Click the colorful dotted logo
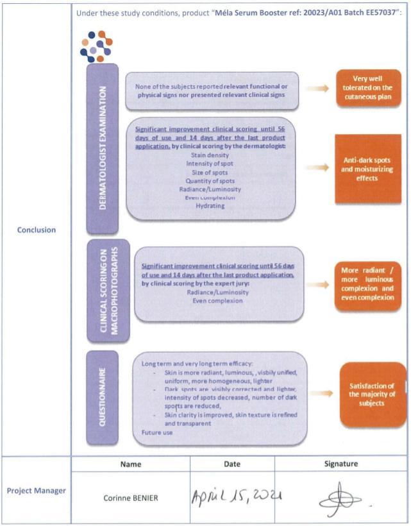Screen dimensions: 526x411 [x=95, y=46]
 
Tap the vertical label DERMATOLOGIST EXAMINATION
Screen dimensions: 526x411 [x=102, y=147]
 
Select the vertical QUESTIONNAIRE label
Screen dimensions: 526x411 [x=102, y=398]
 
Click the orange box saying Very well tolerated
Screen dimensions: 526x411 [x=367, y=88]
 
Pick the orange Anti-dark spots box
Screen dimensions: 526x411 [x=367, y=169]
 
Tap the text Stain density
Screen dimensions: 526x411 [x=212, y=155]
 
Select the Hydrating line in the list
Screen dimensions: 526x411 [x=210, y=205]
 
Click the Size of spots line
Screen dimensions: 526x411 [x=212, y=172]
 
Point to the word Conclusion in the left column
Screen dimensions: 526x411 [x=37, y=230]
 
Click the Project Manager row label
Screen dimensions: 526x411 [x=37, y=491]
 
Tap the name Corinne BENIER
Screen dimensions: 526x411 [x=130, y=498]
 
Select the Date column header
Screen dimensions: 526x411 [x=231, y=463]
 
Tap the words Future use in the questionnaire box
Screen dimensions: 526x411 [x=157, y=432]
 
